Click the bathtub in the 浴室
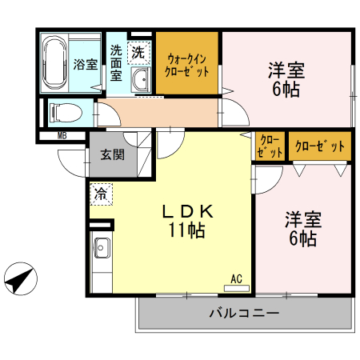pos(55,61)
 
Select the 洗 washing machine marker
pos(138,53)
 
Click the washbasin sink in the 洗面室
pos(142,78)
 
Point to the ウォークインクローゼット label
pos(187,63)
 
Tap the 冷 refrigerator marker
pos(101,193)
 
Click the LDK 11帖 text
pos(189,221)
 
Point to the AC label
pos(236,278)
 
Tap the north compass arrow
pos(19,279)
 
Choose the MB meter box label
pos(62,135)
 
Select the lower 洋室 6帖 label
pos(302,228)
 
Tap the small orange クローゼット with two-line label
pos(270,146)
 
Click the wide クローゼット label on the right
pos(320,146)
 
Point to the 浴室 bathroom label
pos(86,64)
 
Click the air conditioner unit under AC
pos(236,286)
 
